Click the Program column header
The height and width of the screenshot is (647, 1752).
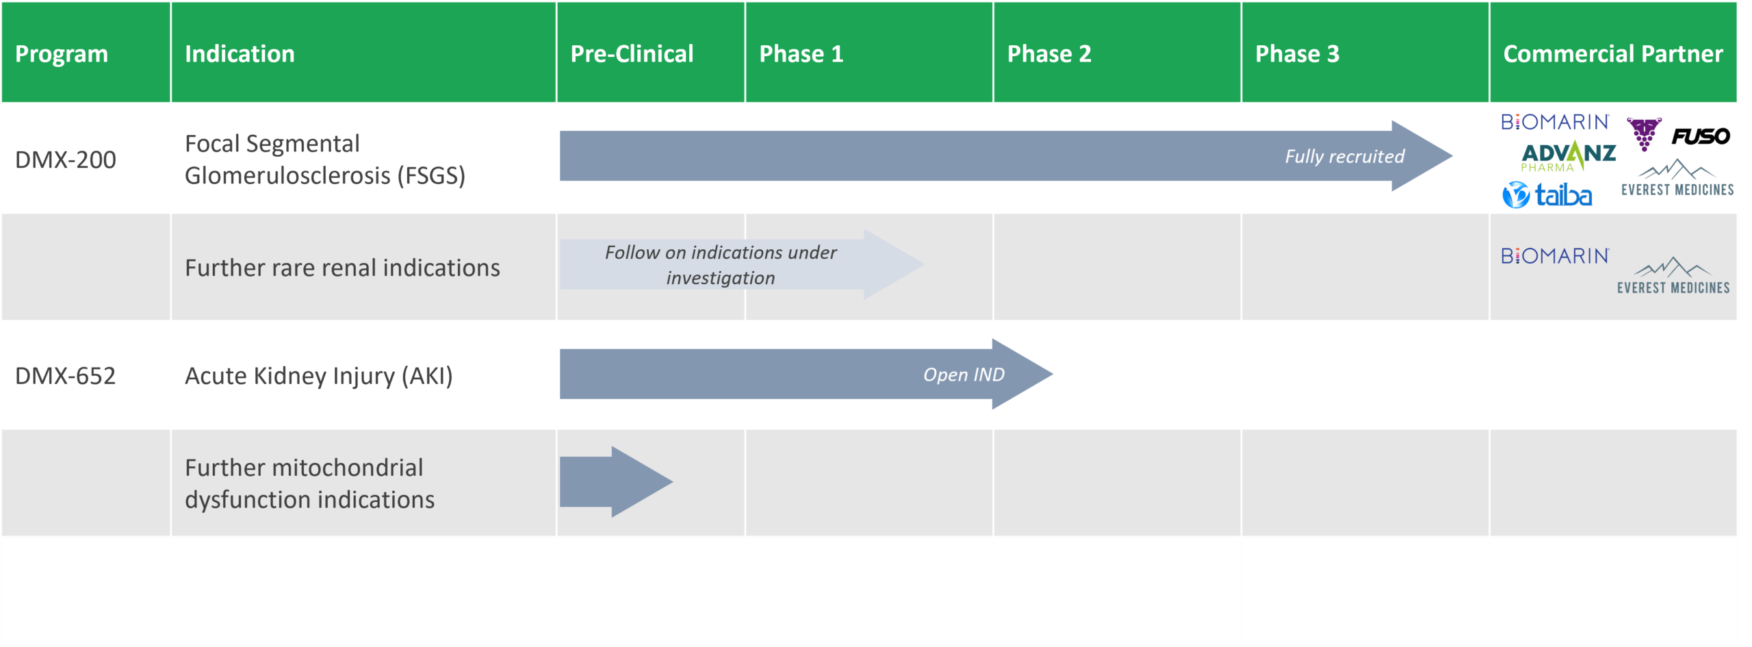pyautogui.click(x=62, y=54)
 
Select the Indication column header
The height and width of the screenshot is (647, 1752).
pyautogui.click(x=240, y=54)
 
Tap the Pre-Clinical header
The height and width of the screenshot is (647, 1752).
pyautogui.click(x=632, y=54)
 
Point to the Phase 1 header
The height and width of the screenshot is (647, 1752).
pyautogui.click(x=801, y=54)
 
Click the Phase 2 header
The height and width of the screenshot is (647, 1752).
pyautogui.click(x=1049, y=54)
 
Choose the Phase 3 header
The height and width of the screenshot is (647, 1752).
pyautogui.click(x=1297, y=54)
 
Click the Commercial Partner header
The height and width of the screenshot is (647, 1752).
pyautogui.click(x=1612, y=54)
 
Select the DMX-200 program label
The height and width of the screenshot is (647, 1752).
pyautogui.click(x=66, y=160)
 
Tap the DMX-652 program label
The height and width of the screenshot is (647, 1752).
pyautogui.click(x=66, y=376)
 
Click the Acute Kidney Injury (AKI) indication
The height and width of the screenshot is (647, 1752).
pyautogui.click(x=319, y=376)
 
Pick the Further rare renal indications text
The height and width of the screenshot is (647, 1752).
pyautogui.click(x=342, y=268)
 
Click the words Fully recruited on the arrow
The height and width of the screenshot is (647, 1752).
pyautogui.click(x=1345, y=157)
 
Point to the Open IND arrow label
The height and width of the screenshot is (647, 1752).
pyautogui.click(x=964, y=375)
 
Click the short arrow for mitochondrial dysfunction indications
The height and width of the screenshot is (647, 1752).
pyautogui.click(x=616, y=482)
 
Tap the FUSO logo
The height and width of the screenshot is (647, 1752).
pyautogui.click(x=1701, y=136)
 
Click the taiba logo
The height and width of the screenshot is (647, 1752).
pyautogui.click(x=1547, y=195)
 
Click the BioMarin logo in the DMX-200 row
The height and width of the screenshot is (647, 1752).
pyautogui.click(x=1555, y=122)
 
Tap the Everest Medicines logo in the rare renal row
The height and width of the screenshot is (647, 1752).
pyautogui.click(x=1673, y=276)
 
